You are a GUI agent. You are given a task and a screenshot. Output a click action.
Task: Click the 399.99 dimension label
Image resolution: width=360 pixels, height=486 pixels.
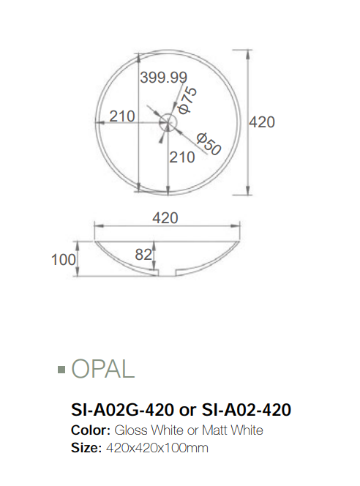(164, 77)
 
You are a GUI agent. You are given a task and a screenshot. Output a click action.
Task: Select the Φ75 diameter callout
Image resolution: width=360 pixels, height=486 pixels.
(187, 99)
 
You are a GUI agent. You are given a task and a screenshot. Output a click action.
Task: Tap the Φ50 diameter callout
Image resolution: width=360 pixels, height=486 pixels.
(209, 142)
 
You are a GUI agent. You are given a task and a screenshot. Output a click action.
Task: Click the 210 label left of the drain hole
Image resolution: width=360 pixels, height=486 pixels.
(122, 116)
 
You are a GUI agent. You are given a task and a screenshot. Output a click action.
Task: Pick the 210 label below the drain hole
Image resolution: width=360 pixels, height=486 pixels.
(182, 156)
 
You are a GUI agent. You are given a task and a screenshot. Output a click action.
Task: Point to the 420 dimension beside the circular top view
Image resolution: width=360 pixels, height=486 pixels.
(262, 122)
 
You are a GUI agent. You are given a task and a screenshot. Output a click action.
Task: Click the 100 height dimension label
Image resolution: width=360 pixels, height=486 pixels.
(64, 259)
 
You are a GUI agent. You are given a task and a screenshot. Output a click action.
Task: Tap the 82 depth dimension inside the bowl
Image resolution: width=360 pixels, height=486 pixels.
(143, 254)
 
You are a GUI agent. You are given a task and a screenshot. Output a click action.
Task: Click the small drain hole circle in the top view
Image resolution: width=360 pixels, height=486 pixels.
(168, 121)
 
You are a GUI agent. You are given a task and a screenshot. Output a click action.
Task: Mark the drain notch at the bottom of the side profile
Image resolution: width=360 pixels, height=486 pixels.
(168, 274)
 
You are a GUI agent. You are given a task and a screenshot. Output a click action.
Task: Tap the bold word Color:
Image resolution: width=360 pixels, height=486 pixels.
(90, 430)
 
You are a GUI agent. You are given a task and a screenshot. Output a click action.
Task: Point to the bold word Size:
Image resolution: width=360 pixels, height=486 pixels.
(86, 447)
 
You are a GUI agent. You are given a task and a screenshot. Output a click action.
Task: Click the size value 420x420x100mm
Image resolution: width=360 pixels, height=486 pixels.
(156, 447)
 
